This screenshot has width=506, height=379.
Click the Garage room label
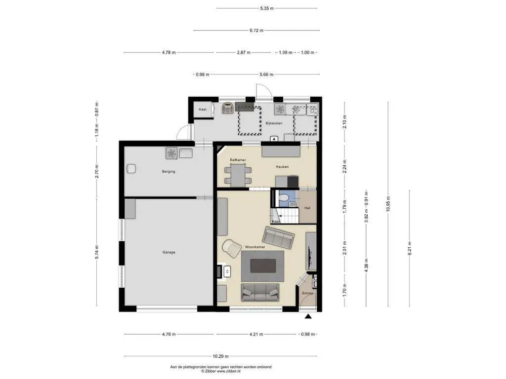[169, 252]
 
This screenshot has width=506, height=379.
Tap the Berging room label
[169, 172]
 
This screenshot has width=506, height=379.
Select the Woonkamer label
[254, 246]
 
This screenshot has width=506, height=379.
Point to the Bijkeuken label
[273, 123]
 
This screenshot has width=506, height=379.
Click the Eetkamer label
[238, 160]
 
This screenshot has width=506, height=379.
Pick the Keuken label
[282, 167]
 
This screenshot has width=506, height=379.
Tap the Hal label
[307, 208]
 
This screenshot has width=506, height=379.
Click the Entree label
[308, 293]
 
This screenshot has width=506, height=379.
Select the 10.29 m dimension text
[221, 356]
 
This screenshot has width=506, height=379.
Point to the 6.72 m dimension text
[256, 31]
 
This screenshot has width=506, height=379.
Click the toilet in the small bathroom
[283, 198]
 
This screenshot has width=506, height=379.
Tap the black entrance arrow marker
[308, 317]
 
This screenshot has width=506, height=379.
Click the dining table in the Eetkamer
[238, 173]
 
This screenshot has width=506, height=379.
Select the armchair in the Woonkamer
[230, 247]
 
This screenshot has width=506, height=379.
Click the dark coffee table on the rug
[263, 266]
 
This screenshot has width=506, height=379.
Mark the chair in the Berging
[130, 168]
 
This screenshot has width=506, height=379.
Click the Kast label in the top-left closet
[203, 110]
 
